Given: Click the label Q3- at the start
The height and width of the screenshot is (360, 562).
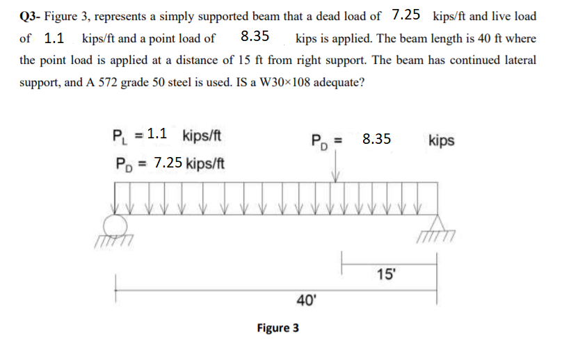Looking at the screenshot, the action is pyautogui.click(x=31, y=16).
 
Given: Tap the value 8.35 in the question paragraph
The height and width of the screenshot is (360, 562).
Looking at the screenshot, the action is pyautogui.click(x=255, y=37).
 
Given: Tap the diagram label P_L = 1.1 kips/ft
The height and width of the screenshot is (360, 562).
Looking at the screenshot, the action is pyautogui.click(x=166, y=136).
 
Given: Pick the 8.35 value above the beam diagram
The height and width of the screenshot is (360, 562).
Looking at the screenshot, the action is pyautogui.click(x=376, y=140).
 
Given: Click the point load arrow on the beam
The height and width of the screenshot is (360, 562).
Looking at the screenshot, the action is pyautogui.click(x=337, y=170).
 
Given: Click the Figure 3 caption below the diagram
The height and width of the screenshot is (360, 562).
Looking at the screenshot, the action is pyautogui.click(x=278, y=327).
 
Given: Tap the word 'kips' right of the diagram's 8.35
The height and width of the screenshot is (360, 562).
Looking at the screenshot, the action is pyautogui.click(x=442, y=140).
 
